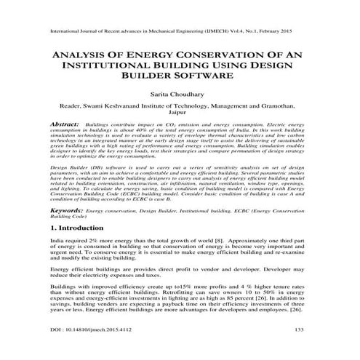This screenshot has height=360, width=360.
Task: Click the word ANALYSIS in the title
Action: (x=68, y=61)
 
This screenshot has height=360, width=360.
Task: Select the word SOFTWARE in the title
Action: (x=206, y=86)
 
